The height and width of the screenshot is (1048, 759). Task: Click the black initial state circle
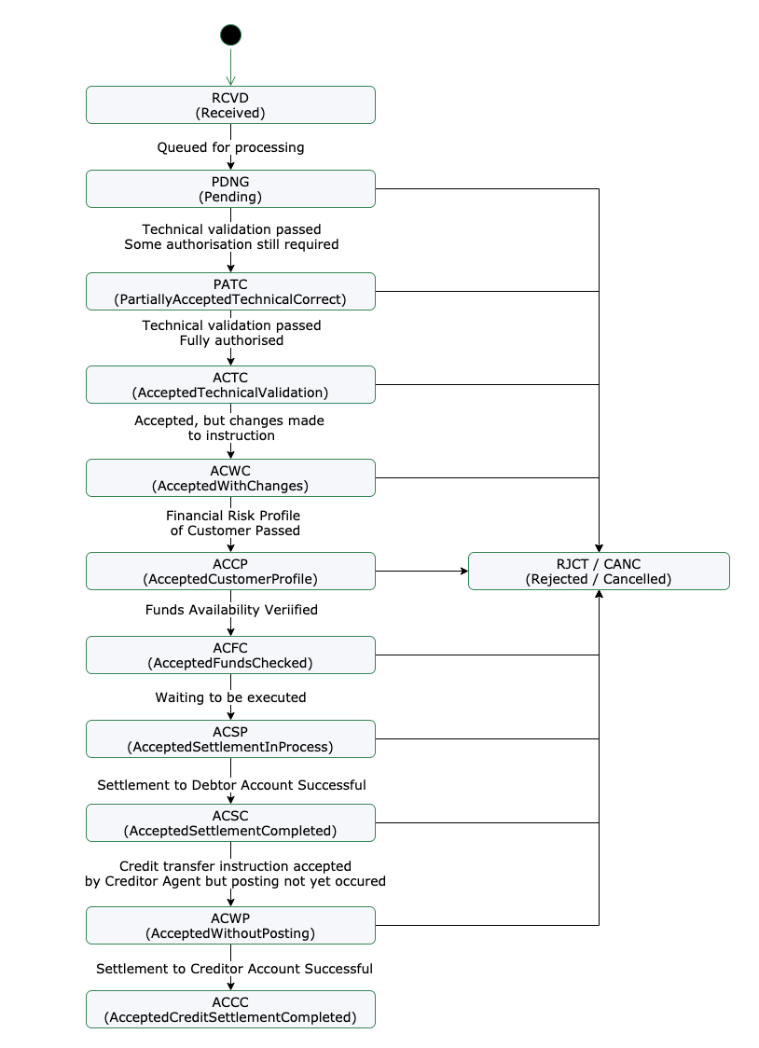tap(230, 35)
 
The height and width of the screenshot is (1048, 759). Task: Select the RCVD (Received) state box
tap(230, 104)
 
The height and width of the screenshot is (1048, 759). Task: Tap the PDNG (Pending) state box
tap(230, 188)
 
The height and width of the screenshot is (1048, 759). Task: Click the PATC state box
tap(230, 291)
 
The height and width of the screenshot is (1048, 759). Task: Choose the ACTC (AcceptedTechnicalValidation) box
tap(230, 384)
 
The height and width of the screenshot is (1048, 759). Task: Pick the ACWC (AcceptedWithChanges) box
tap(230, 477)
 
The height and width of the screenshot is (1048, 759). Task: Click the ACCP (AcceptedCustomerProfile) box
tap(230, 571)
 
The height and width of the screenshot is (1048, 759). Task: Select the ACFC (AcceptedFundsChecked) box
tap(230, 655)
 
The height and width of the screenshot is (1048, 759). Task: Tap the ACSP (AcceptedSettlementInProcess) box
tap(230, 738)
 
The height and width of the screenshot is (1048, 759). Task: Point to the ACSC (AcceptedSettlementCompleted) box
tap(230, 822)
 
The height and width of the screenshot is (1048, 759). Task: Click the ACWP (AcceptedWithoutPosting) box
tap(230, 925)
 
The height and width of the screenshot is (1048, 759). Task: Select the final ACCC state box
tap(230, 1009)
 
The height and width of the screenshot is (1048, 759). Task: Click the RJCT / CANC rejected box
tap(599, 571)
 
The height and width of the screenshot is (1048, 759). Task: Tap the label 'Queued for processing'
tap(230, 147)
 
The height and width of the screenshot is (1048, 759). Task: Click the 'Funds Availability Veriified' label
tap(231, 610)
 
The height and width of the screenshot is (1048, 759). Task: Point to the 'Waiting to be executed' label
tap(230, 697)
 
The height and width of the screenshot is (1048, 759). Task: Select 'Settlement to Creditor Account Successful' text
tap(234, 969)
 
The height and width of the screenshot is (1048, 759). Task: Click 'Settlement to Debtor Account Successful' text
tap(231, 785)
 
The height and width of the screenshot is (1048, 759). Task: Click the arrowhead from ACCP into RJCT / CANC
tap(462, 571)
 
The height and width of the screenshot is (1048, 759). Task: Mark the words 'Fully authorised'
tap(231, 340)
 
